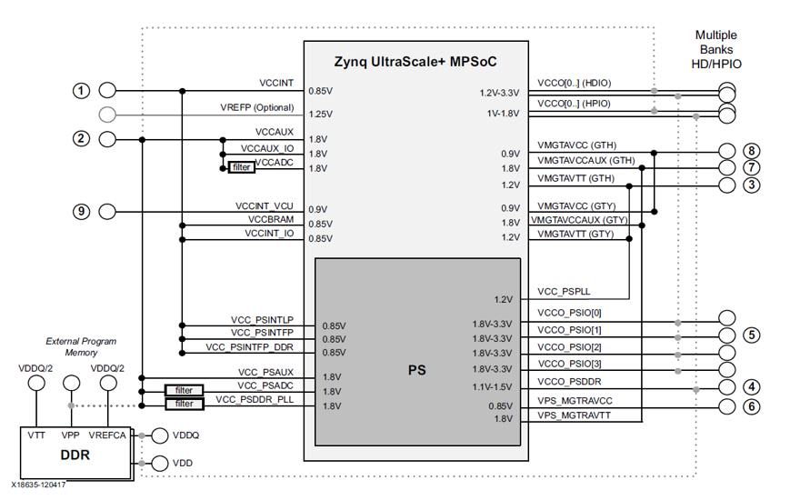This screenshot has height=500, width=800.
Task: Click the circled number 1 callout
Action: pyautogui.click(x=82, y=91)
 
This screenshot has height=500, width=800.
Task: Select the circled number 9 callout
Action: pyautogui.click(x=82, y=212)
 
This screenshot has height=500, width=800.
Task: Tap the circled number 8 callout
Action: pyautogui.click(x=750, y=151)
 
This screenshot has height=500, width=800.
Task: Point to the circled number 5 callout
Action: pyautogui.click(x=750, y=335)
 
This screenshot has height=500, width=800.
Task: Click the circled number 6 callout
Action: pyautogui.click(x=750, y=406)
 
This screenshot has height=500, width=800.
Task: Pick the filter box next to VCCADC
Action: pyautogui.click(x=241, y=167)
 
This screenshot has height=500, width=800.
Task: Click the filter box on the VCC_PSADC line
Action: pyautogui.click(x=184, y=390)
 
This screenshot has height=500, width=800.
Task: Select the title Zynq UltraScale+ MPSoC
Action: pyautogui.click(x=416, y=61)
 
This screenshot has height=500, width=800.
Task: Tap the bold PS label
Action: pyautogui.click(x=417, y=370)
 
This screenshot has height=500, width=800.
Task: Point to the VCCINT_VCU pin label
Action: pyautogui.click(x=264, y=207)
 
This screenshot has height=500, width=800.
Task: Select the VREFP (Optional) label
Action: pyautogui.click(x=256, y=107)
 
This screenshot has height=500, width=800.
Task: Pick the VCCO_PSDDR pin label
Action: pyautogui.click(x=570, y=381)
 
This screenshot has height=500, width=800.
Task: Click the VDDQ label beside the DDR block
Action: pyautogui.click(x=185, y=435)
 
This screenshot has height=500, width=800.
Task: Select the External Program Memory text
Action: pyautogui.click(x=81, y=347)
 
